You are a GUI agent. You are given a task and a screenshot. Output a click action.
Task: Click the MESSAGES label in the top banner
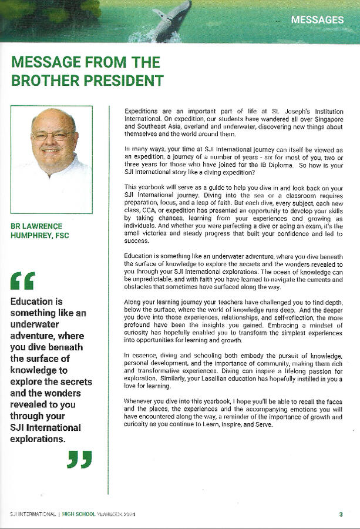click(317, 19)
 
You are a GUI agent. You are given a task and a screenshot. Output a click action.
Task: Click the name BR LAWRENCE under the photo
click(36, 226)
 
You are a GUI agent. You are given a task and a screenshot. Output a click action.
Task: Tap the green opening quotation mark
click(22, 281)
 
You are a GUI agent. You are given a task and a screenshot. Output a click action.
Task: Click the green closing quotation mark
click(79, 459)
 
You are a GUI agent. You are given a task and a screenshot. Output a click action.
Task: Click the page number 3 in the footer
click(341, 515)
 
